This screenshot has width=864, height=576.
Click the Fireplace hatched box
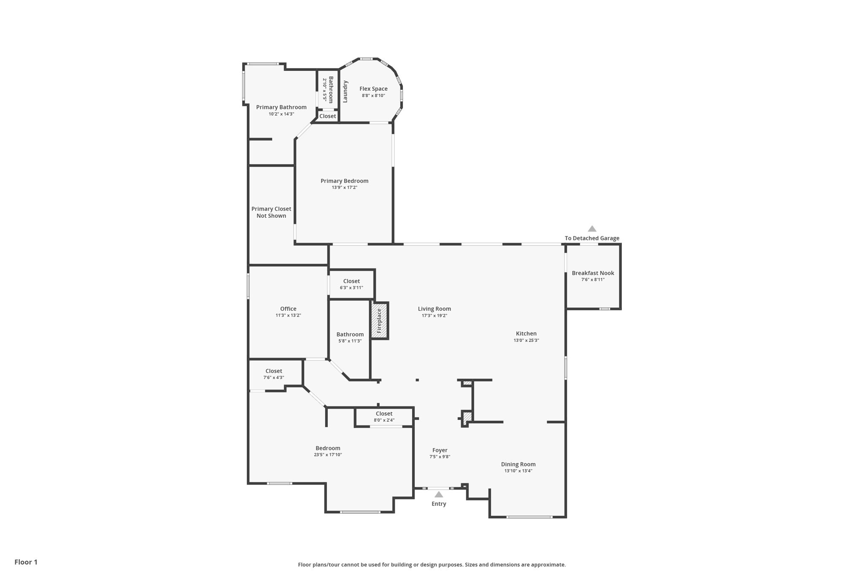380,321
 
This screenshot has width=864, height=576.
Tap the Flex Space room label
373,89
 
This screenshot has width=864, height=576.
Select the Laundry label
345,92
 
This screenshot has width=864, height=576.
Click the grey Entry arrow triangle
439,495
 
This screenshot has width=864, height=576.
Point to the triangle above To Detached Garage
592,229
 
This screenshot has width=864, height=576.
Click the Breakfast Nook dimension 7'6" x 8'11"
593,279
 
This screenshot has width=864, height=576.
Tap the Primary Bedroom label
344,181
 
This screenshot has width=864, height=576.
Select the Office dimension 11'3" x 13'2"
288,315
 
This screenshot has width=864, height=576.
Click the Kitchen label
526,334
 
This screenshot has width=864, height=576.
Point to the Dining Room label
518,464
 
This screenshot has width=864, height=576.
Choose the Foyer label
440,450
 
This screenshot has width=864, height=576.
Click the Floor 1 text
26,562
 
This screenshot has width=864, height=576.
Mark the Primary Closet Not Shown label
271,212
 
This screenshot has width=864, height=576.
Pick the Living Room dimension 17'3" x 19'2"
434,315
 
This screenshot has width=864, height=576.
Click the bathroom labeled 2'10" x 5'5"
328,89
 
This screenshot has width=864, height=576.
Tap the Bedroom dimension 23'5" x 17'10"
328,454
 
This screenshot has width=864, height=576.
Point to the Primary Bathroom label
281,107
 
